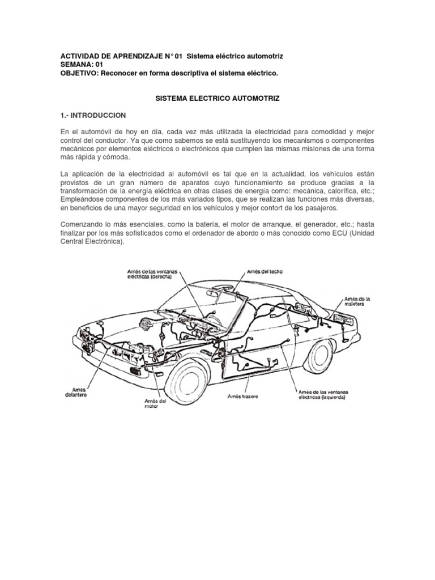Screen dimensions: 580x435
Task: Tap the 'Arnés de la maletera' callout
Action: (x=357, y=301)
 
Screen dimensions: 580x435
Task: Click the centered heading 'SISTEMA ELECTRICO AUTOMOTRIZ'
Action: (x=217, y=99)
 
